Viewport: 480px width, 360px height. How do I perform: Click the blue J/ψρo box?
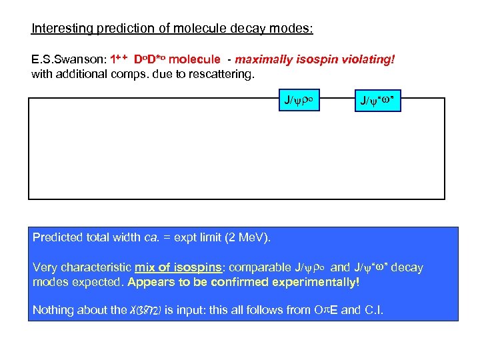[x=299, y=101]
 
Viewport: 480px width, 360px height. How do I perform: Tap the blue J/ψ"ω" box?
[x=377, y=101]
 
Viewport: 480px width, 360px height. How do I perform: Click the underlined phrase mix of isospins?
[x=178, y=268]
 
